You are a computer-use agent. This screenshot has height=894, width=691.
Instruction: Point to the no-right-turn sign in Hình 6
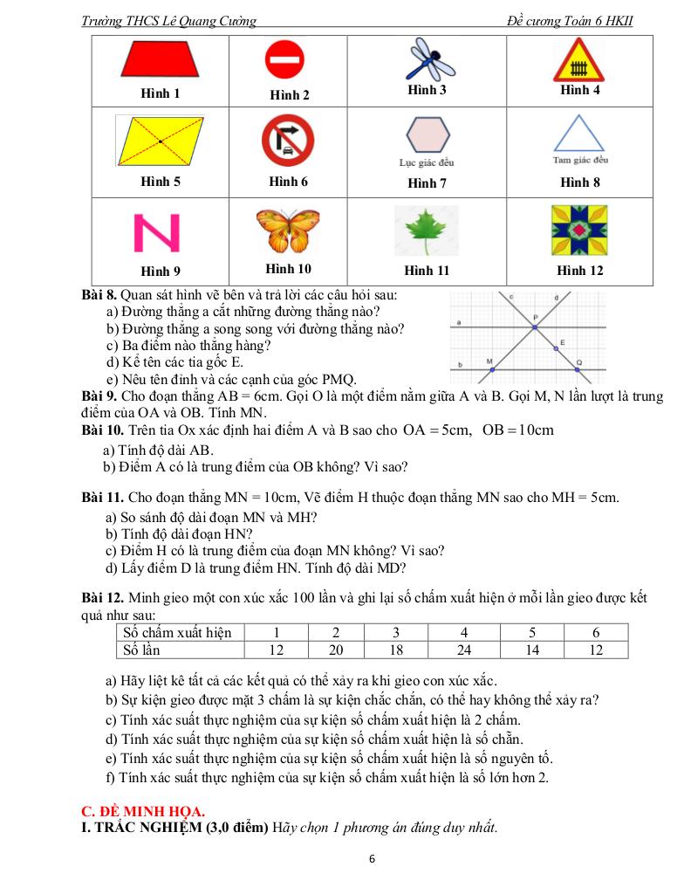[288, 141]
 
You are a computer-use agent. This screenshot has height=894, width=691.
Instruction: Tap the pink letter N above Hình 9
[156, 232]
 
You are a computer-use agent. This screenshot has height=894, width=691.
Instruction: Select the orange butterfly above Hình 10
[288, 231]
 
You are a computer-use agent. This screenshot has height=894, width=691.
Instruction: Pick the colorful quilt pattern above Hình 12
[579, 230]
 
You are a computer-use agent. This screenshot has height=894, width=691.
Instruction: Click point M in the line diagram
[492, 370]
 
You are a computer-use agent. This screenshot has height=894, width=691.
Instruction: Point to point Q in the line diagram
[580, 370]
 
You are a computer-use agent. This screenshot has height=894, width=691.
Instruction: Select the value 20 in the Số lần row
[337, 650]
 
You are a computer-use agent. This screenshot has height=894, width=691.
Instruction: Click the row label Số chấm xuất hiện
[178, 633]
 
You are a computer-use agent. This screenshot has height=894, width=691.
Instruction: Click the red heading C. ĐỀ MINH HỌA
[143, 811]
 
